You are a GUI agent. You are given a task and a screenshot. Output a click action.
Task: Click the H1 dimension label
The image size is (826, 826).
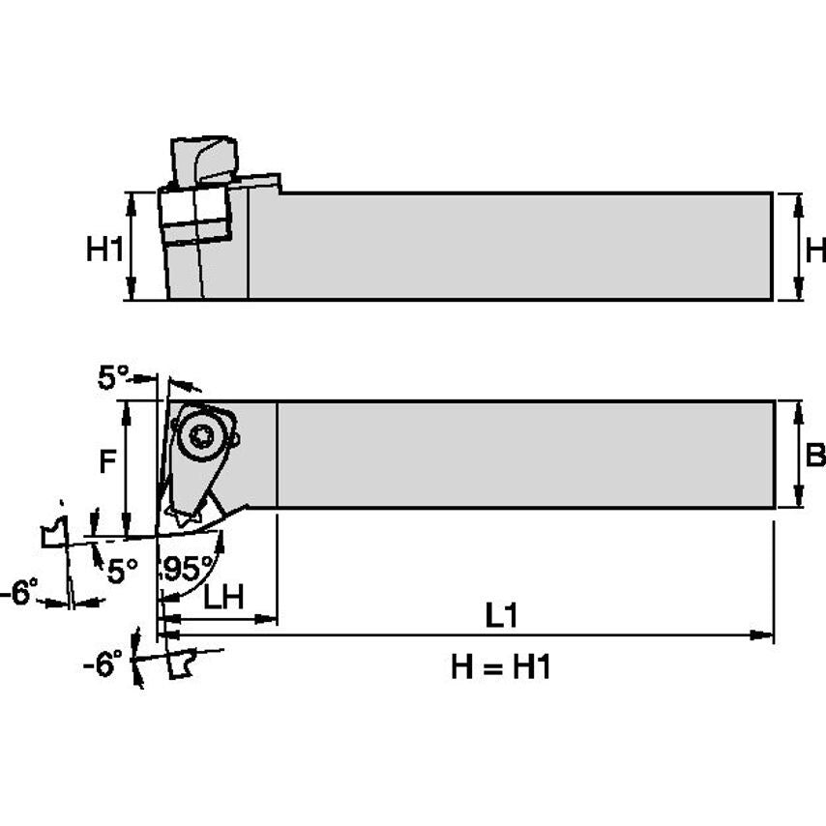tap(104, 250)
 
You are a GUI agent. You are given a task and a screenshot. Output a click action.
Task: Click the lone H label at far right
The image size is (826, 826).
tap(815, 250)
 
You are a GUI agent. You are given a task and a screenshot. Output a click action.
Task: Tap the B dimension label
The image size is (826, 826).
tap(815, 456)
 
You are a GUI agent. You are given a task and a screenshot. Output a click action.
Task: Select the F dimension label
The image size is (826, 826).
tap(110, 463)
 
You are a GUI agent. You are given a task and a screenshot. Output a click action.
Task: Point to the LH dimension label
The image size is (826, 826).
tap(222, 598)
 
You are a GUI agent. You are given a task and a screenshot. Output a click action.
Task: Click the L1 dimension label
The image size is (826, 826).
tap(501, 615)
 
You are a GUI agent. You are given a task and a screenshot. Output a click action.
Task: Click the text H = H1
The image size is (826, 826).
tap(501, 666)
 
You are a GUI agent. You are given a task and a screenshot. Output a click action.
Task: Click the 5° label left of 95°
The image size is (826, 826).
tap(121, 571)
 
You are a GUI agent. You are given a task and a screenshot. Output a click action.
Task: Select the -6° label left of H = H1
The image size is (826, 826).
tap(103, 664)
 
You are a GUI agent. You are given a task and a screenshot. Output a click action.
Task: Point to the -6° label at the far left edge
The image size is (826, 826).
tap(19, 591)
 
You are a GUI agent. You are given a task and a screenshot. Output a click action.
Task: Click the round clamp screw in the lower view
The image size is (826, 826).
tap(203, 437)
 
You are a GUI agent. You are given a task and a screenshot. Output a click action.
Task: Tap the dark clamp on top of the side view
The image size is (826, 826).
tap(203, 161)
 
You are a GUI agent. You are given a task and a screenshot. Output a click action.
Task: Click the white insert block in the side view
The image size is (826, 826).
tap(194, 214)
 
